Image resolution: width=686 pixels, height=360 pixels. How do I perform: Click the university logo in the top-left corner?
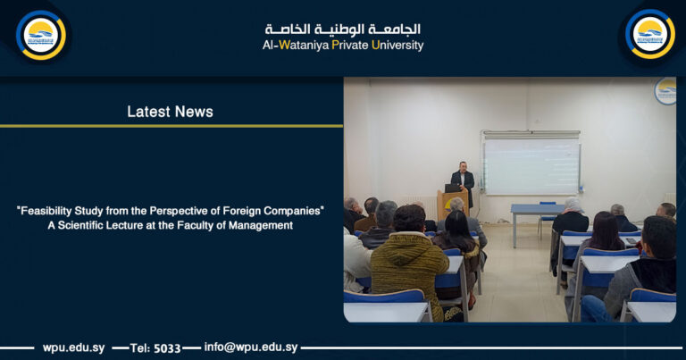tap(40, 35)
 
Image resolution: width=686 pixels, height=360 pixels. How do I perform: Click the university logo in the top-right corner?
tap(649, 35)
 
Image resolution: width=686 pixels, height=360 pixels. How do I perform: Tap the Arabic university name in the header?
tap(342, 29)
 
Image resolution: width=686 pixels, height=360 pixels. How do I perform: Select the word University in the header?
tap(397, 45)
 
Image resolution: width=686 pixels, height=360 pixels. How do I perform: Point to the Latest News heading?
tap(170, 112)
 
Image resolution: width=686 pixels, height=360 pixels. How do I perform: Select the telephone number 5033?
tap(167, 347)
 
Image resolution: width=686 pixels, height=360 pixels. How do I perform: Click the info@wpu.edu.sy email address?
tap(251, 347)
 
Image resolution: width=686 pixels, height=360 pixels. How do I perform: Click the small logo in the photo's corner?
tap(665, 90)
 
